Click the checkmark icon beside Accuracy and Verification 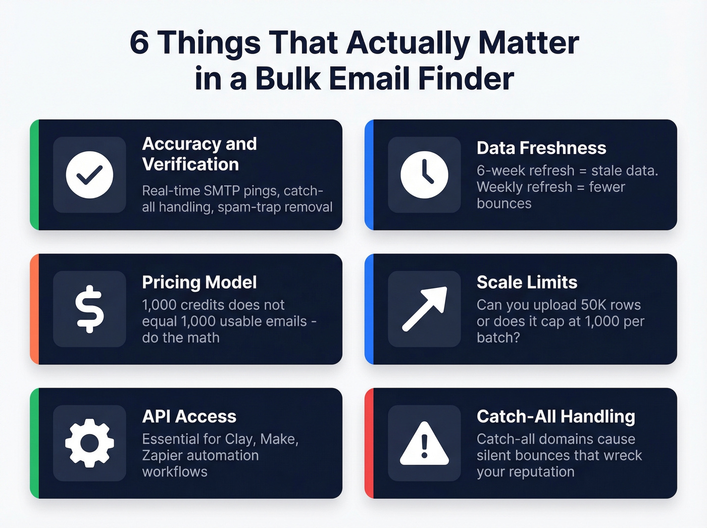[x=89, y=175]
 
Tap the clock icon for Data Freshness [x=424, y=175]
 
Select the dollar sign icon [x=89, y=309]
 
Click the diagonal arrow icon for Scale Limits [x=424, y=309]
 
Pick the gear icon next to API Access [x=89, y=443]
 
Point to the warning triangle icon [x=424, y=443]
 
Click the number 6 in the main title [x=139, y=42]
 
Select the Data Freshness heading [x=541, y=148]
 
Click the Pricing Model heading [x=199, y=282]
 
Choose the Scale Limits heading [x=527, y=282]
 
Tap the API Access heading [x=189, y=416]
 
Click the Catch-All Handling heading [x=555, y=416]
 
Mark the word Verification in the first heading [x=190, y=164]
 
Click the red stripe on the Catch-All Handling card [x=369, y=443]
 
